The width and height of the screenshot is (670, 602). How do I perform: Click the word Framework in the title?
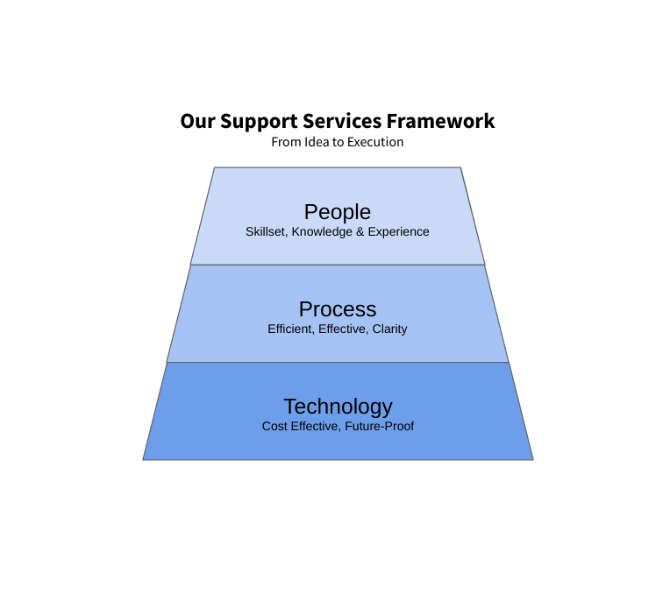(440, 121)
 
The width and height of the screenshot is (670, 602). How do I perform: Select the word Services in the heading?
(342, 121)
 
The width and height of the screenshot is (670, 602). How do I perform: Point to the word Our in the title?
(197, 121)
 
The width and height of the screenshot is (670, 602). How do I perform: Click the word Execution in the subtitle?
(375, 142)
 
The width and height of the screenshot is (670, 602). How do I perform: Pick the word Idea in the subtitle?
(314, 142)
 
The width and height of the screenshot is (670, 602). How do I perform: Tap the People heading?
(338, 212)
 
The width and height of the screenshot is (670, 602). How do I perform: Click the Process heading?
(338, 309)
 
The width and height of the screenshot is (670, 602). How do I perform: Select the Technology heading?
(338, 407)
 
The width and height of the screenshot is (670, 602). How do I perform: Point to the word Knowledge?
(322, 232)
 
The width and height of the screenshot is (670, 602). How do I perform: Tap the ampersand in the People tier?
(360, 231)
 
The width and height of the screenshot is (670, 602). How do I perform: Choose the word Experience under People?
(399, 232)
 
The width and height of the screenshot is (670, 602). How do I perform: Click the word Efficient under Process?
(291, 329)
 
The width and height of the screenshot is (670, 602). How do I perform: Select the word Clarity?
(389, 329)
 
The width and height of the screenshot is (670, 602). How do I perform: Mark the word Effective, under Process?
(344, 329)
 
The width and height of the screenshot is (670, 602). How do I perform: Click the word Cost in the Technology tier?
(271, 426)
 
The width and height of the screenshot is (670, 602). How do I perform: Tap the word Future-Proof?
(380, 426)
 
